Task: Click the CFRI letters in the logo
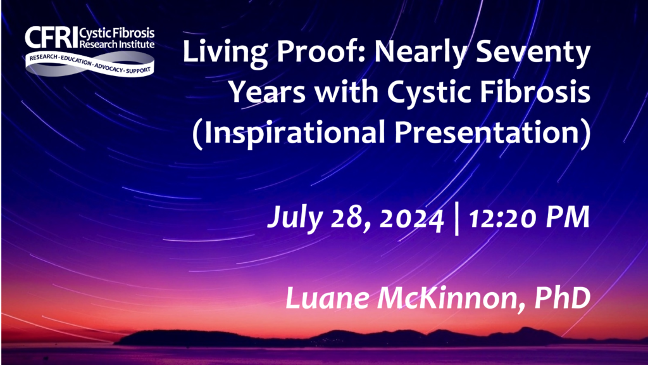click(x=51, y=37)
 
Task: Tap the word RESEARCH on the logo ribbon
click(x=43, y=57)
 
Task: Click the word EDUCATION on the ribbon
click(x=76, y=60)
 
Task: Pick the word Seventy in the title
click(x=533, y=53)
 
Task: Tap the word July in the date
click(x=295, y=218)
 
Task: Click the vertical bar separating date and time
click(x=456, y=219)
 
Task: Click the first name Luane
click(x=327, y=298)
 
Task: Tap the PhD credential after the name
click(x=563, y=298)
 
